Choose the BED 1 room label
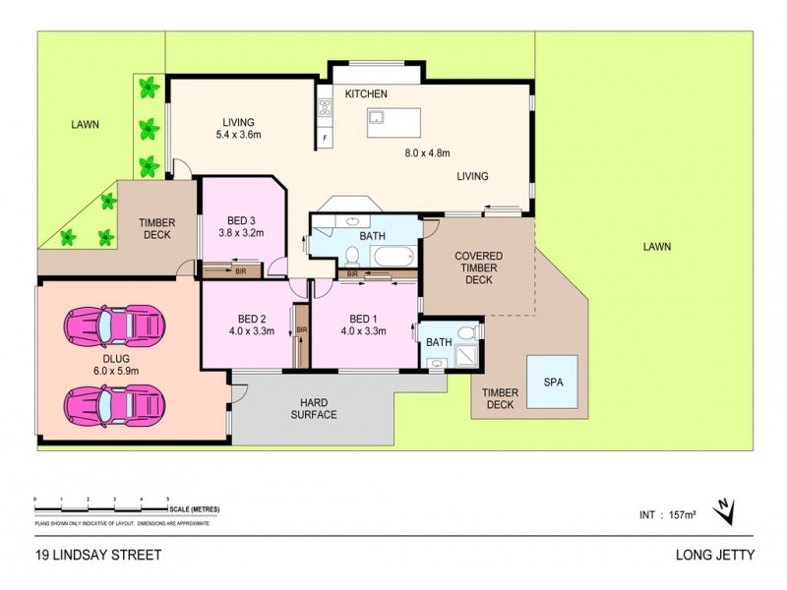[361, 318]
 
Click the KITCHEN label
[366, 93]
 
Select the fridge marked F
[323, 139]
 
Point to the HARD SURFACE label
[312, 407]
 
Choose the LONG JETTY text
[716, 555]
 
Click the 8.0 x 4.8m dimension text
[427, 152]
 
